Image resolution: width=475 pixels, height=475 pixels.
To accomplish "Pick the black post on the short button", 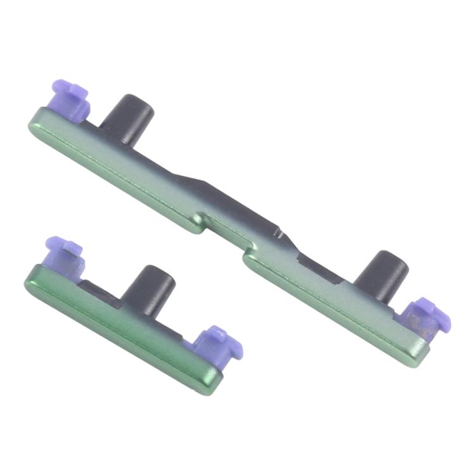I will point(149,288).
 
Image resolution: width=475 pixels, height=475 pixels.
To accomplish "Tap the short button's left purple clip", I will point(63,253).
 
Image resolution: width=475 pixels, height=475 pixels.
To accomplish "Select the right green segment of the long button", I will point(329,304).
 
